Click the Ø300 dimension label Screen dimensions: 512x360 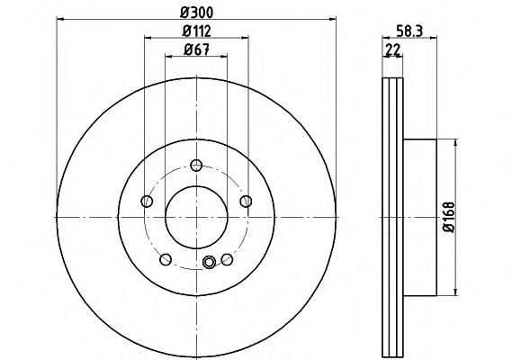tap(196, 13)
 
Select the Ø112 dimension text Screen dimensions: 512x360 tap(196, 31)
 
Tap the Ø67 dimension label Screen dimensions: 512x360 tap(196, 50)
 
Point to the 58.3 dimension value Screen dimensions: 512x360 tap(409, 31)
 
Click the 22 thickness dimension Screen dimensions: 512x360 tap(393, 50)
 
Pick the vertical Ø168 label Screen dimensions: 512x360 tap(449, 217)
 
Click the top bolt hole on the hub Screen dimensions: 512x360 tap(196, 166)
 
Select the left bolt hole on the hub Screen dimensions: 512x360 tap(147, 202)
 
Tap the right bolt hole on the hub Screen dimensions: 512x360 tap(246, 202)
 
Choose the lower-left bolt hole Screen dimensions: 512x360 tap(166, 259)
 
